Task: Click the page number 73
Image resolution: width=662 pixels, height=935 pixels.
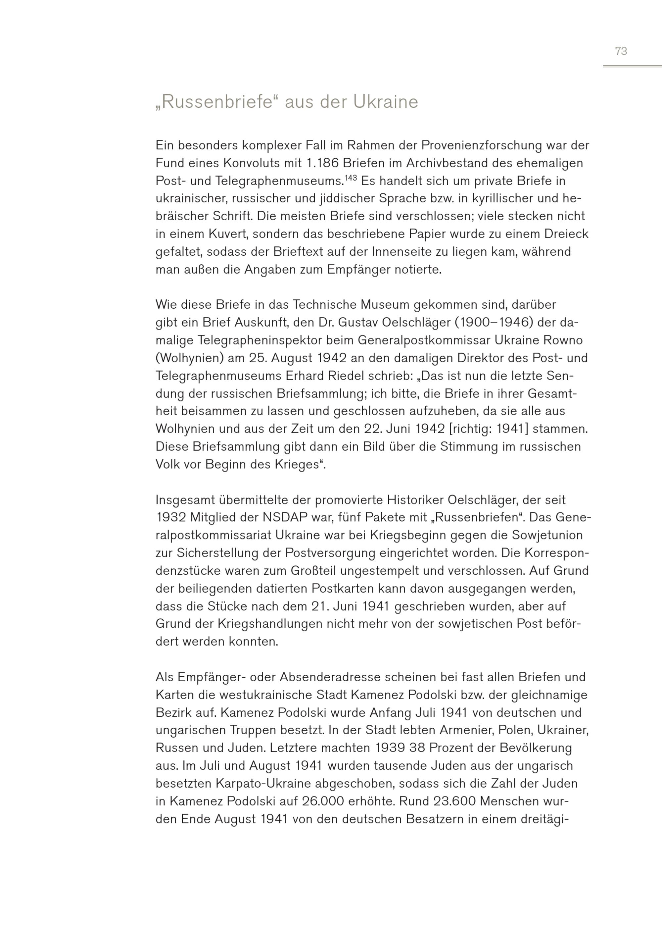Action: coord(621,51)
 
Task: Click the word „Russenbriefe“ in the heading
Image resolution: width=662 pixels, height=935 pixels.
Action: coord(213,102)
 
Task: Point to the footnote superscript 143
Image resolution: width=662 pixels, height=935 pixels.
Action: coord(351,178)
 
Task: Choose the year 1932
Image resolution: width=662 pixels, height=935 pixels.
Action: coord(171,518)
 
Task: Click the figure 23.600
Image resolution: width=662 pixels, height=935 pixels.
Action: coord(455,801)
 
